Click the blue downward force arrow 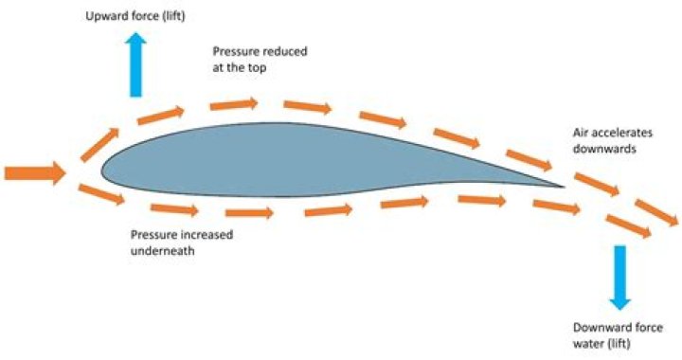click(620, 276)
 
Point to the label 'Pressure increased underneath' click(182, 243)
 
